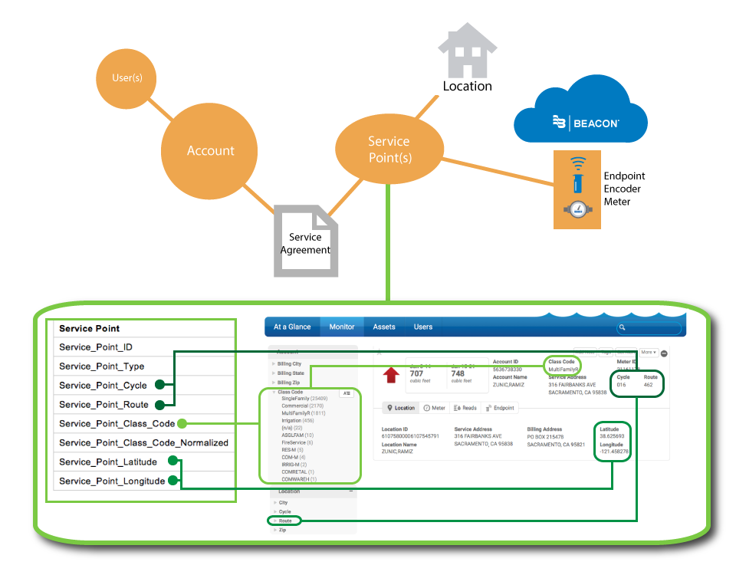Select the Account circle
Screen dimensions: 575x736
210,150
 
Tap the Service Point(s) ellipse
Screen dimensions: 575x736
389,149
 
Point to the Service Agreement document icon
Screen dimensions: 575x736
306,241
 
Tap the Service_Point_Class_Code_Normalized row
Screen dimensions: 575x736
143,442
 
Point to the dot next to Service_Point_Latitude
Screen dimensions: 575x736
172,462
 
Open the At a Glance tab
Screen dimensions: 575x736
292,327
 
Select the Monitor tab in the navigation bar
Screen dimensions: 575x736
342,327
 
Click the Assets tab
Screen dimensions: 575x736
384,327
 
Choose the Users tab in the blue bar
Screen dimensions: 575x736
423,327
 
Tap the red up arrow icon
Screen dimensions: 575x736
391,375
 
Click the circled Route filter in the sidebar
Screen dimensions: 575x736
284,521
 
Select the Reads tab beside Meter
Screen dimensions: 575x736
465,408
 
